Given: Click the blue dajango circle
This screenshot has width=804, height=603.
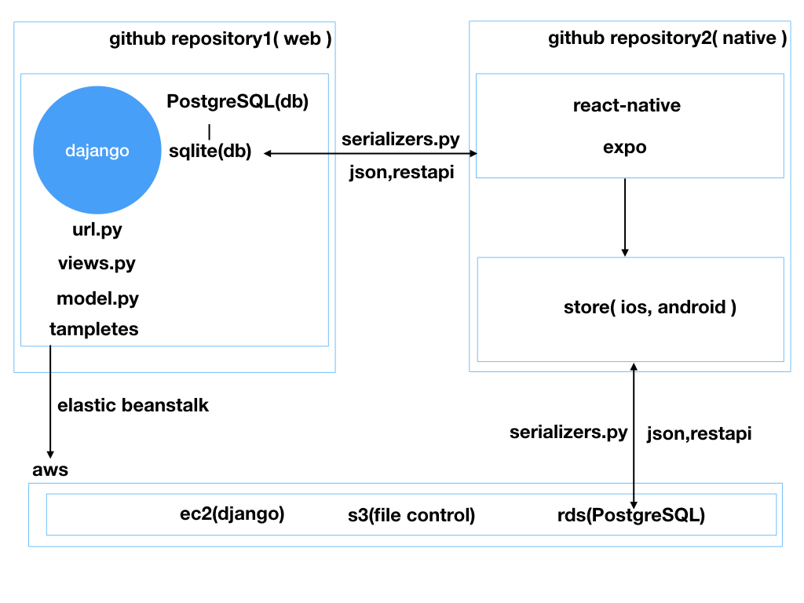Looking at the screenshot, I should pyautogui.click(x=97, y=150).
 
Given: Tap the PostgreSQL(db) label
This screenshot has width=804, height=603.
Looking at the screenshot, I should pyautogui.click(x=238, y=101).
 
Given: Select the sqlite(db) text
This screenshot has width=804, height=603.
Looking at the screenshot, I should pyautogui.click(x=210, y=152).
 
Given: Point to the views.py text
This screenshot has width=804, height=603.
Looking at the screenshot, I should pyautogui.click(x=97, y=263).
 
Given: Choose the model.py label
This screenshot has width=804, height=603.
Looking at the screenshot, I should pyautogui.click(x=97, y=298).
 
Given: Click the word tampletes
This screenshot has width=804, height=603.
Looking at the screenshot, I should pyautogui.click(x=93, y=329).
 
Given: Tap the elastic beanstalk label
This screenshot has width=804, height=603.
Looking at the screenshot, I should pyautogui.click(x=133, y=405).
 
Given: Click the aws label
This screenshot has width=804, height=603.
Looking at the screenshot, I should pyautogui.click(x=50, y=470).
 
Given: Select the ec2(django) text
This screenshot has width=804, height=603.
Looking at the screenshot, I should pyautogui.click(x=232, y=514).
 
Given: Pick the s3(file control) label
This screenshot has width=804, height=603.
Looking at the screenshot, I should pyautogui.click(x=411, y=516).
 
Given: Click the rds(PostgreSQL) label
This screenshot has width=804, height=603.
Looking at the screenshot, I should pyautogui.click(x=631, y=516).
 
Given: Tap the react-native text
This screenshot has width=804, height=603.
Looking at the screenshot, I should pyautogui.click(x=627, y=105).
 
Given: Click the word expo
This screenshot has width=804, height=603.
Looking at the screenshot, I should pyautogui.click(x=624, y=147).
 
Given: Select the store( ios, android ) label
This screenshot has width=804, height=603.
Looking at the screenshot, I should pyautogui.click(x=649, y=307).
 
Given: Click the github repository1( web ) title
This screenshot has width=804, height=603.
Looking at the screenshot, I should pyautogui.click(x=221, y=39).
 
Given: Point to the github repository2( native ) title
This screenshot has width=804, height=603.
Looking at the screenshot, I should pyautogui.click(x=667, y=38).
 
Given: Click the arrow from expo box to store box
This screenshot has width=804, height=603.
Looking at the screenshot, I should pyautogui.click(x=625, y=217).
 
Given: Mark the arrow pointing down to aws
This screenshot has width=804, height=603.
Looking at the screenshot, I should pyautogui.click(x=50, y=400).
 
